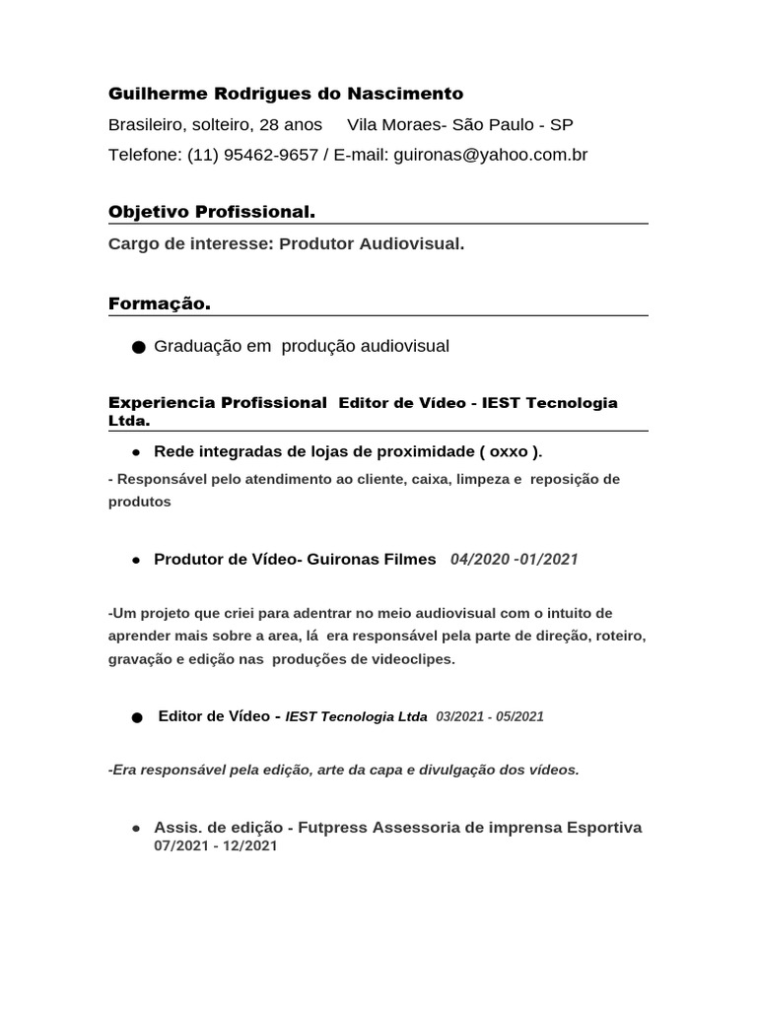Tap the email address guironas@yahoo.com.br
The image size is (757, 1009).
point(490,155)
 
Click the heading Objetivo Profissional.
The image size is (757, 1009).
point(211,212)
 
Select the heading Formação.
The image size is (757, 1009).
point(159,304)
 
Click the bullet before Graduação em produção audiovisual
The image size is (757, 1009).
point(137,347)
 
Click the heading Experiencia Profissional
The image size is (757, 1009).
point(217,403)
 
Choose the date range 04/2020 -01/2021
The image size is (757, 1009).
point(514,560)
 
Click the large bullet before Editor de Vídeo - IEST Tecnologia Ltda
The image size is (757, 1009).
point(137,718)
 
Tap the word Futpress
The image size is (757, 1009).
point(332,828)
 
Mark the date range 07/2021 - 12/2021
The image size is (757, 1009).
point(216,846)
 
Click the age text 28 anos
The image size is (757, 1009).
point(291,125)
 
